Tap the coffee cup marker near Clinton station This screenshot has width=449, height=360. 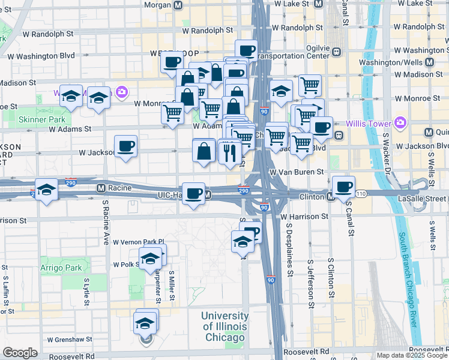(x=343, y=187)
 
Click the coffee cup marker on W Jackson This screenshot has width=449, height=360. (x=126, y=146)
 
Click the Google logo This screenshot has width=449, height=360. (x=20, y=353)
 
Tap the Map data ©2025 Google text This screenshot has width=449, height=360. (x=412, y=355)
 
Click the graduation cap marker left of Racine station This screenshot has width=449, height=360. (x=46, y=190)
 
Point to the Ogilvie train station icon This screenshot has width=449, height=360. (x=337, y=51)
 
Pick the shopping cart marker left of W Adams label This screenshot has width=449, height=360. (x=172, y=112)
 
